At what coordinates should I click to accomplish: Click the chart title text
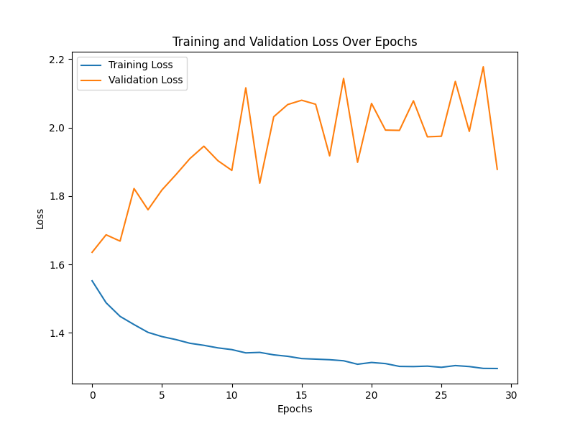click(295, 42)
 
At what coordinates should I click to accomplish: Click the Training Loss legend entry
click(140, 65)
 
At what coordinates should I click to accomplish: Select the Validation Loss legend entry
click(145, 80)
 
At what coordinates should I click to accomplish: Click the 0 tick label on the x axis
click(92, 395)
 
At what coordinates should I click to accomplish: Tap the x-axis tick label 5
click(162, 395)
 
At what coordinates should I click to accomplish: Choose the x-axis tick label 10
click(231, 395)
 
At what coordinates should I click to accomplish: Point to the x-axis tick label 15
click(301, 395)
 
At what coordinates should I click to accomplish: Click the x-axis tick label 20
click(372, 395)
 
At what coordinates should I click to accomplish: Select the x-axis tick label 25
click(441, 395)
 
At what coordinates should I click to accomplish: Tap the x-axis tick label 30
click(511, 395)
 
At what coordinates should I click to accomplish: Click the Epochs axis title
click(295, 409)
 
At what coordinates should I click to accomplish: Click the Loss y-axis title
click(40, 218)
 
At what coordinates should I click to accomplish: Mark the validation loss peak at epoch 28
click(483, 67)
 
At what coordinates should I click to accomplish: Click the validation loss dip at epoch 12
click(259, 183)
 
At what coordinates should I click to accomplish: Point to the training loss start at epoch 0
click(92, 281)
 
